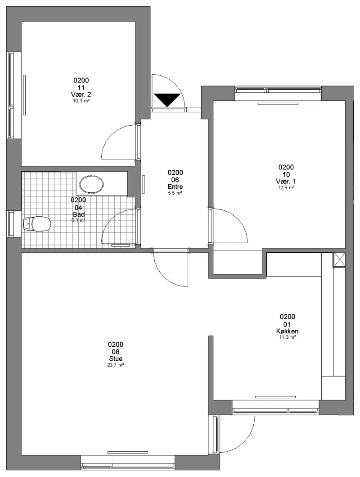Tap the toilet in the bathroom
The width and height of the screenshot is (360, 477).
37,224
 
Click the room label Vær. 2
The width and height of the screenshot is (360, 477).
81,94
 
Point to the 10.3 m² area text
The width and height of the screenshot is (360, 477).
81,101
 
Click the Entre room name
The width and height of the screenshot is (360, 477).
175,186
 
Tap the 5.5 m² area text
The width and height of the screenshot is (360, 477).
175,193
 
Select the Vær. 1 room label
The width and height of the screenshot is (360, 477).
286,182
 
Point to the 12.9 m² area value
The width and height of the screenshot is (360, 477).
286,188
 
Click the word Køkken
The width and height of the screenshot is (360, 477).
288,331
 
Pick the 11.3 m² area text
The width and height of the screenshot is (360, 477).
288,337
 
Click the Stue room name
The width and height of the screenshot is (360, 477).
116,359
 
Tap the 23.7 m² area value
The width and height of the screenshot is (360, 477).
116,365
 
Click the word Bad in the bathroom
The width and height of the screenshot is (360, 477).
78,214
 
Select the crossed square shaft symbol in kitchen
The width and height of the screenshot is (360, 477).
339,260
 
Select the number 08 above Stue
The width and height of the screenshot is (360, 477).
116,352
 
